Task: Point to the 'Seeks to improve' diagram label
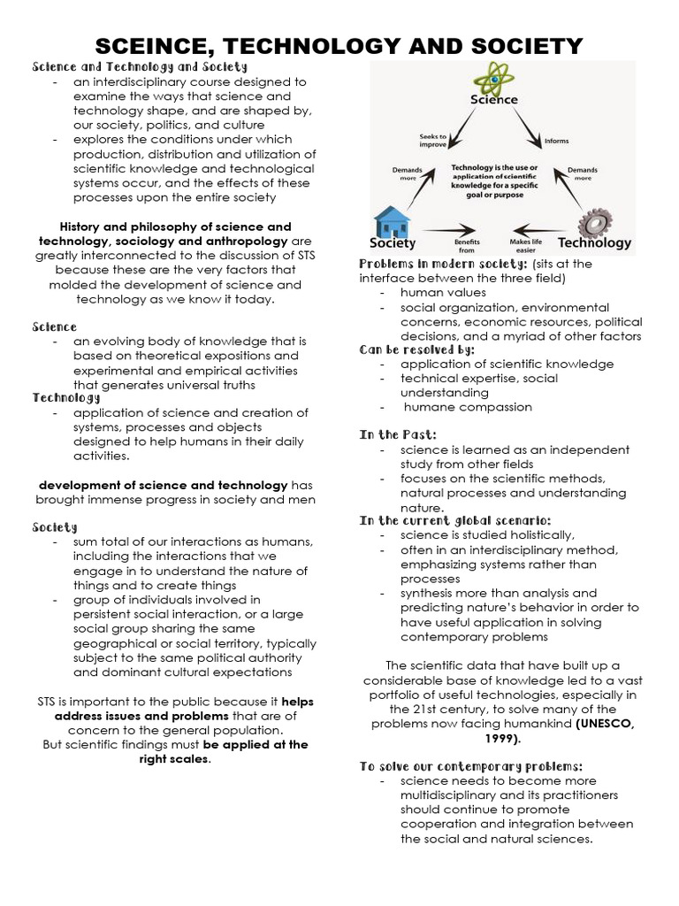pyautogui.click(x=431, y=140)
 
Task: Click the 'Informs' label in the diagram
pyautogui.click(x=556, y=140)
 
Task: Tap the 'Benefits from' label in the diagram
pyautogui.click(x=466, y=245)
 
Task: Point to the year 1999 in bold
pyautogui.click(x=500, y=737)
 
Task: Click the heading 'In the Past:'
pyautogui.click(x=397, y=435)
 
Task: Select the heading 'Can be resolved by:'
pyautogui.click(x=416, y=349)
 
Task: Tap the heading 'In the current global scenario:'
pyautogui.click(x=454, y=520)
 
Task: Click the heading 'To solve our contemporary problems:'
pyautogui.click(x=470, y=765)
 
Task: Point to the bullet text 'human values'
pyautogui.click(x=443, y=292)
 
